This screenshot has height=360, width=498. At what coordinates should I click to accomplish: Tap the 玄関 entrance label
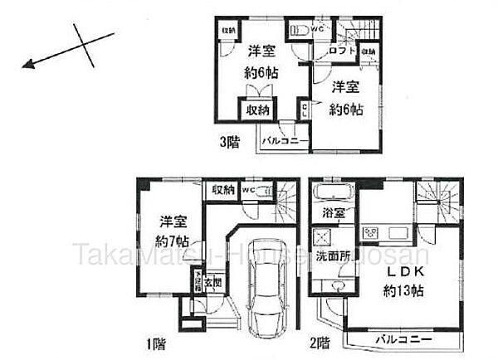212,280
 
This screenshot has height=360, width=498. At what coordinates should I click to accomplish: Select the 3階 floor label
229,141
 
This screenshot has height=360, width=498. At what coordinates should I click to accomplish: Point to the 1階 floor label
155,340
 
